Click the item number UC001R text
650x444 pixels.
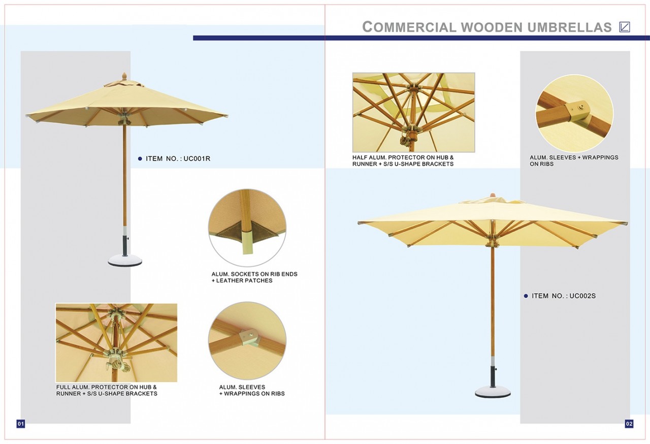point(178,158)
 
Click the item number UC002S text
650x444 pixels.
point(563,296)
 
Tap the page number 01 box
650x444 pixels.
point(21,423)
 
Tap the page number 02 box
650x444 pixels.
point(629,423)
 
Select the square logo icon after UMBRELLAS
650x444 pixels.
point(625,27)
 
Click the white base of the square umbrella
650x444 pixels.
point(492,392)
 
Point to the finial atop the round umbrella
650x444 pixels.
point(122,76)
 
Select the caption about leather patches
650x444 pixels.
point(254,277)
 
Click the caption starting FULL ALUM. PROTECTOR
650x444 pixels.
point(107,390)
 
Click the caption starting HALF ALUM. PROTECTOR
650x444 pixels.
point(403,161)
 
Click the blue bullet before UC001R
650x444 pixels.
point(140,158)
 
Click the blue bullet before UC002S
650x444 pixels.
point(526,296)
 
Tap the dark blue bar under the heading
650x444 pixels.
point(421,38)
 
